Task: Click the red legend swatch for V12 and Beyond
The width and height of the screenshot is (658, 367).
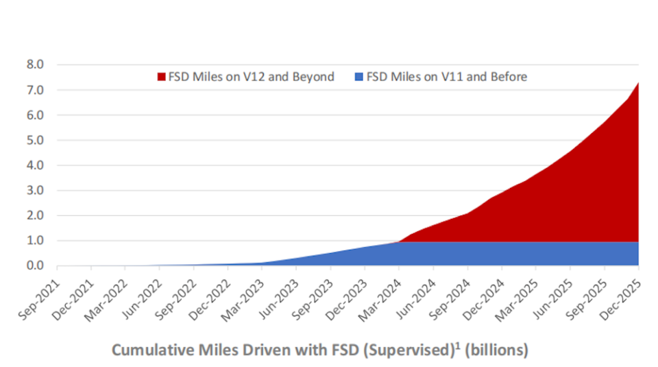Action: pyautogui.click(x=162, y=77)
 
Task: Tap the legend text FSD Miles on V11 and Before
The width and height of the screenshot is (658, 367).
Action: pyautogui.click(x=447, y=77)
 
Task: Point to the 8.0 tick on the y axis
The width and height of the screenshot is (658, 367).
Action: pyautogui.click(x=35, y=65)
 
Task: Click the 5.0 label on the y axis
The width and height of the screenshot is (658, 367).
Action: pyautogui.click(x=35, y=141)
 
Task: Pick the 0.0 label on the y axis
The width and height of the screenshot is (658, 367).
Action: pyautogui.click(x=35, y=266)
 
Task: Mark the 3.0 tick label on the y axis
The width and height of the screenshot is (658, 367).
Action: pyautogui.click(x=35, y=191)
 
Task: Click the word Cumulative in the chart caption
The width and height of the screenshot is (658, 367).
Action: pyautogui.click(x=149, y=350)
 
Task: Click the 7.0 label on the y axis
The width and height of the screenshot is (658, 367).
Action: pyautogui.click(x=35, y=91)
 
